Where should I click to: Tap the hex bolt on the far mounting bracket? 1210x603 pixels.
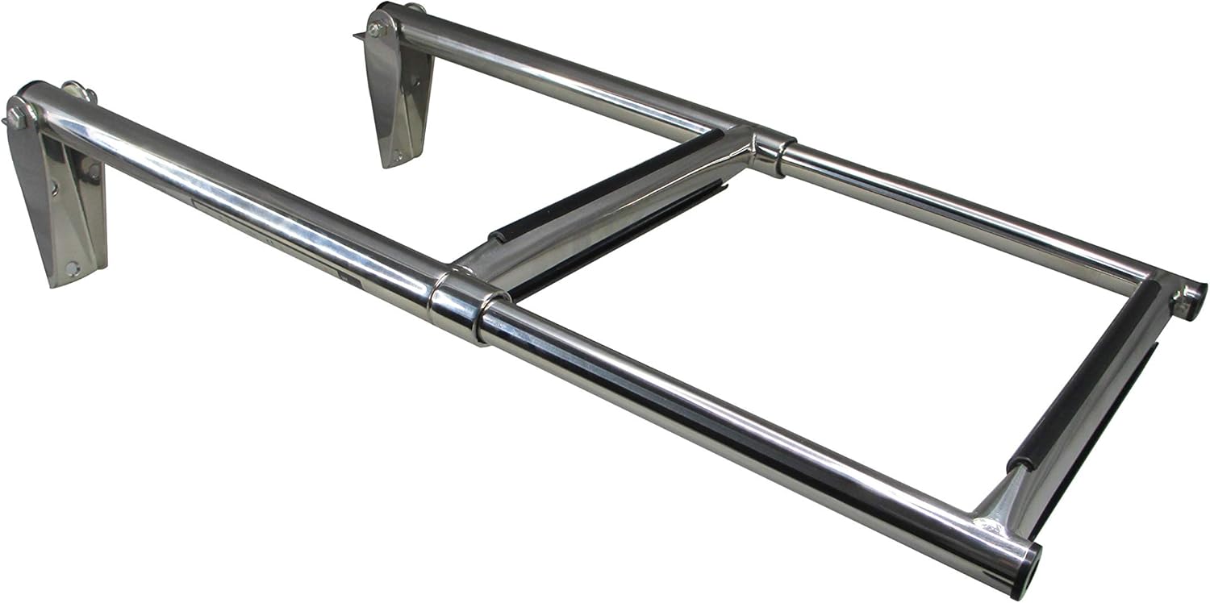tap(373, 29)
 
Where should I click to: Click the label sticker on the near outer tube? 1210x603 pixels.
tap(266, 234)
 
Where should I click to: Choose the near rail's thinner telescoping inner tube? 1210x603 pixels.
tap(726, 427)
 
